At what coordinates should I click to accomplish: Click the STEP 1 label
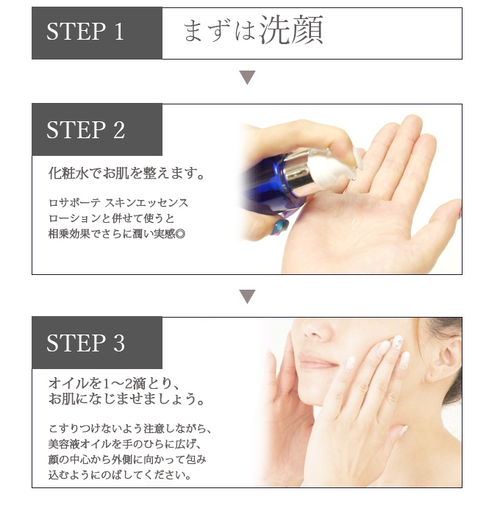(85, 32)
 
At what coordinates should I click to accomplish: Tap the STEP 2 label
(85, 129)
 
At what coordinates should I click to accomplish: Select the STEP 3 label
(85, 343)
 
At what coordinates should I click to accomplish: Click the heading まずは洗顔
(253, 30)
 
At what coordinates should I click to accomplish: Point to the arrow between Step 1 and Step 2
(247, 78)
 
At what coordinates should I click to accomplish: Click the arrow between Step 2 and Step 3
(247, 296)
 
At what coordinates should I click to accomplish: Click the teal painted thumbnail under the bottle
(279, 226)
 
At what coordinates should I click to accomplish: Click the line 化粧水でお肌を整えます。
(126, 173)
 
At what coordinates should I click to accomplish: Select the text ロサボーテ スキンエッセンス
(118, 203)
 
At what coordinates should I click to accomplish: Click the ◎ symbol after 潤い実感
(180, 234)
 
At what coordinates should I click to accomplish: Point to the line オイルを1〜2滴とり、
(115, 384)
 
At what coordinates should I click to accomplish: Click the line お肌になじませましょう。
(126, 398)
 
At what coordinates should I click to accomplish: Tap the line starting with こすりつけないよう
(130, 429)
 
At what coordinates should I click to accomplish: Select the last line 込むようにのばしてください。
(121, 475)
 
